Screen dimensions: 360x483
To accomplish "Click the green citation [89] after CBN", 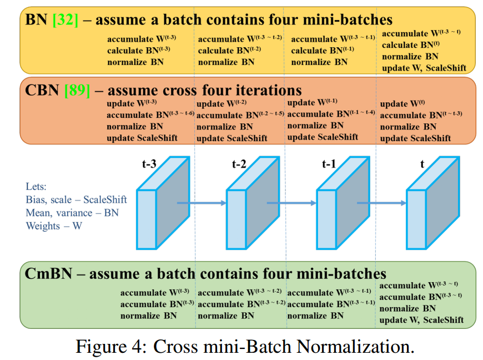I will (x=77, y=90).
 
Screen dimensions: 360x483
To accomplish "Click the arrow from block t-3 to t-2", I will (x=202, y=203).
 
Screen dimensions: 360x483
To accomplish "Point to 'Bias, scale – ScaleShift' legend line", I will (x=76, y=199).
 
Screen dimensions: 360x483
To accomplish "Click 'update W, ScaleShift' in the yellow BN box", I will (x=424, y=68).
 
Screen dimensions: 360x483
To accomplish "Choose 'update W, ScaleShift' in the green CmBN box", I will (x=421, y=320).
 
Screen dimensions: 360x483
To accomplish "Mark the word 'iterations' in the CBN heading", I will (x=264, y=90).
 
